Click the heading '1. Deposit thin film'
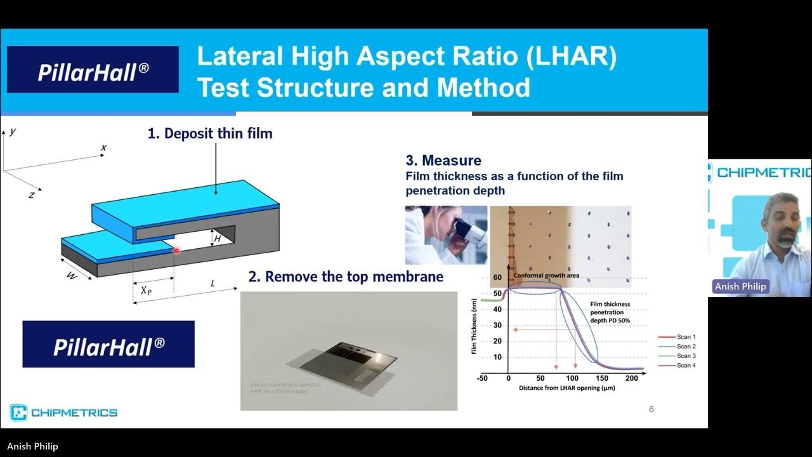click(x=209, y=134)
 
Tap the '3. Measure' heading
click(x=443, y=161)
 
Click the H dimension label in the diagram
click(x=217, y=239)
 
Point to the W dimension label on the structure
click(x=72, y=277)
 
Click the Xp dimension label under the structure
click(x=146, y=291)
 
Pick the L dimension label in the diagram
click(x=213, y=283)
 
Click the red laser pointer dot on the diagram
click(x=176, y=250)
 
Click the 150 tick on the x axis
click(x=601, y=378)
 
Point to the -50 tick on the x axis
click(x=483, y=378)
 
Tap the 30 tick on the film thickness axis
click(x=497, y=326)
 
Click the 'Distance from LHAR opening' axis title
click(x=566, y=387)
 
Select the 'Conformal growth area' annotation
click(x=546, y=275)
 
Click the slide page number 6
click(x=651, y=409)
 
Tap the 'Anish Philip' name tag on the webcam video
click(x=740, y=287)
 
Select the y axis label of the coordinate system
click(x=13, y=131)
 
